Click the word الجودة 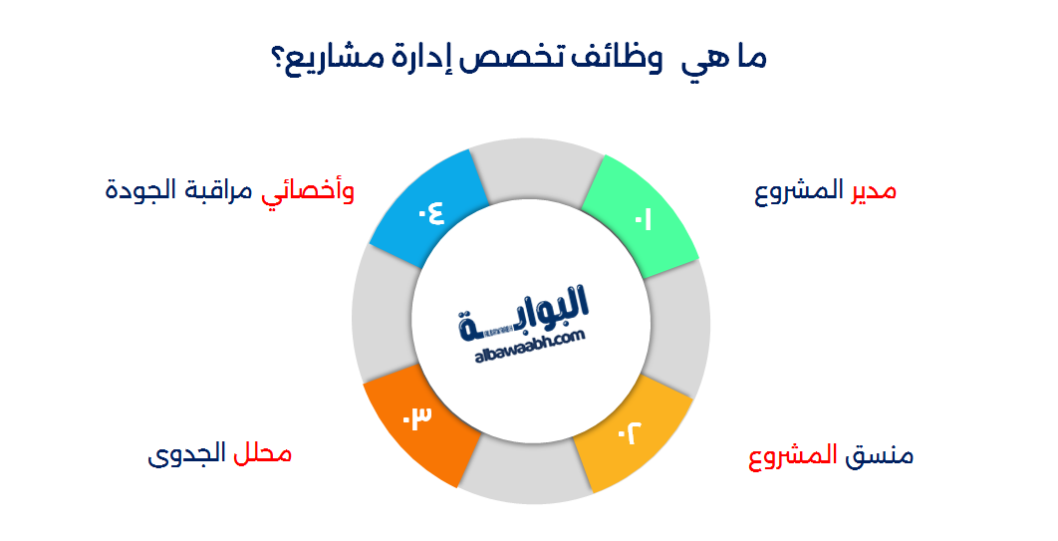pos(140,190)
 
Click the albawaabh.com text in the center pos(527,340)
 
